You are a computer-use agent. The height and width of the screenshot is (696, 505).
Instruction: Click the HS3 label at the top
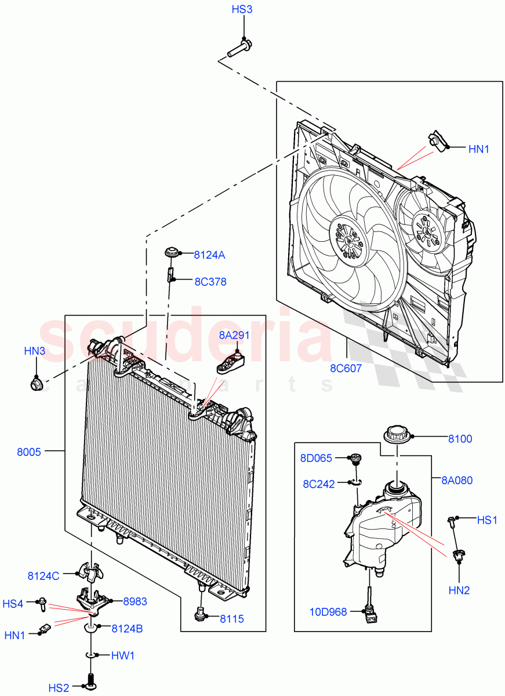click(x=242, y=10)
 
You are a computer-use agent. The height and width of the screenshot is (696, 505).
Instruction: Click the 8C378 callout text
click(x=210, y=282)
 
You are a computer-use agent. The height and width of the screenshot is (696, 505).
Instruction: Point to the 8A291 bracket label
click(x=234, y=335)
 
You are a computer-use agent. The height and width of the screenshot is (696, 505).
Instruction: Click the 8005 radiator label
click(x=29, y=452)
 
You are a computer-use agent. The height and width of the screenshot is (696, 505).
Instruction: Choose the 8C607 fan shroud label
click(x=346, y=368)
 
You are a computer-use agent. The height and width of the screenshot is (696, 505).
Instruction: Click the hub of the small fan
click(x=428, y=229)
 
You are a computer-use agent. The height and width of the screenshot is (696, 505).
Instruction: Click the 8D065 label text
click(x=316, y=459)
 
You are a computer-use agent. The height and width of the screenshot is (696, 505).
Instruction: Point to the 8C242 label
click(x=319, y=484)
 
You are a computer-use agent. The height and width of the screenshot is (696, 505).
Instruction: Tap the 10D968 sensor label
click(x=328, y=611)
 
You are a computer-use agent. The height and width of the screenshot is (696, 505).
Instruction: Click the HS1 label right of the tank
click(x=487, y=520)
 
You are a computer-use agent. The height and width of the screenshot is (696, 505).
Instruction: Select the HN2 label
click(x=459, y=590)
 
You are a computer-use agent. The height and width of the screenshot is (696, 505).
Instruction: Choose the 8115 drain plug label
click(x=231, y=619)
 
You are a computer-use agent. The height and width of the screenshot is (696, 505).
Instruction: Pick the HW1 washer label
click(x=122, y=655)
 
